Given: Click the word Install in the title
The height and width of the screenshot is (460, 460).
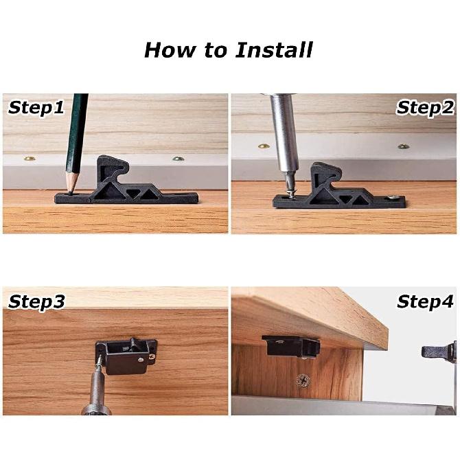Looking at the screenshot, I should pyautogui.click(x=274, y=50).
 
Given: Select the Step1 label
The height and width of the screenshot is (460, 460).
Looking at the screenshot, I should pyautogui.click(x=36, y=108).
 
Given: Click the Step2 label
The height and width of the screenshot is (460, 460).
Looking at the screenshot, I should pyautogui.click(x=425, y=108).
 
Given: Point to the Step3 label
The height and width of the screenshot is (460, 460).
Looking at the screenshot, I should pyautogui.click(x=36, y=302).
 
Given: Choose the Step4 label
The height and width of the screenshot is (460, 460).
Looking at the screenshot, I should pyautogui.click(x=425, y=302).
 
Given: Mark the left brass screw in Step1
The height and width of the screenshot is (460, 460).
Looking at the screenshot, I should pyautogui.click(x=29, y=159).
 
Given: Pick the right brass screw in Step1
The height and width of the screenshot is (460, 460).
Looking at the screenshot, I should pyautogui.click(x=178, y=159).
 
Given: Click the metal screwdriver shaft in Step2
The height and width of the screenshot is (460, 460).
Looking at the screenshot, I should pyautogui.click(x=283, y=134).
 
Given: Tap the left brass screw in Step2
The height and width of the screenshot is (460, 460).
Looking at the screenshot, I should pyautogui.click(x=264, y=146).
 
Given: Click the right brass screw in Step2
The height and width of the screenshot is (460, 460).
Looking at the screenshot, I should pyautogui.click(x=403, y=146).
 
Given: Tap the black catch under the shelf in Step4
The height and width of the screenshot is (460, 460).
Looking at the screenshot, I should pyautogui.click(x=290, y=345).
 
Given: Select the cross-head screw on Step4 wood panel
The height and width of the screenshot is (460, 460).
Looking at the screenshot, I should pyautogui.click(x=301, y=379).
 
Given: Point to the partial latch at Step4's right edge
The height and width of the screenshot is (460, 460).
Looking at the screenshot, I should pyautogui.click(x=440, y=352).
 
